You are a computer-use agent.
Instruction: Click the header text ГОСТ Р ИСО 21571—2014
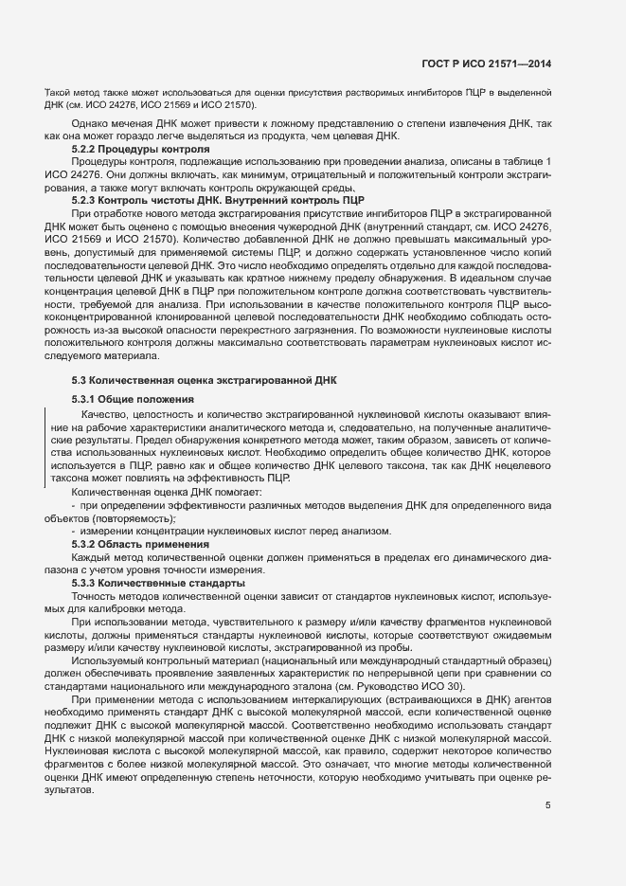point(486,64)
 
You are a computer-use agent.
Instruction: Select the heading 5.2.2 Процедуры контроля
point(141,150)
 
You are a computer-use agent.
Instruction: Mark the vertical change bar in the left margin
point(46,445)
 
